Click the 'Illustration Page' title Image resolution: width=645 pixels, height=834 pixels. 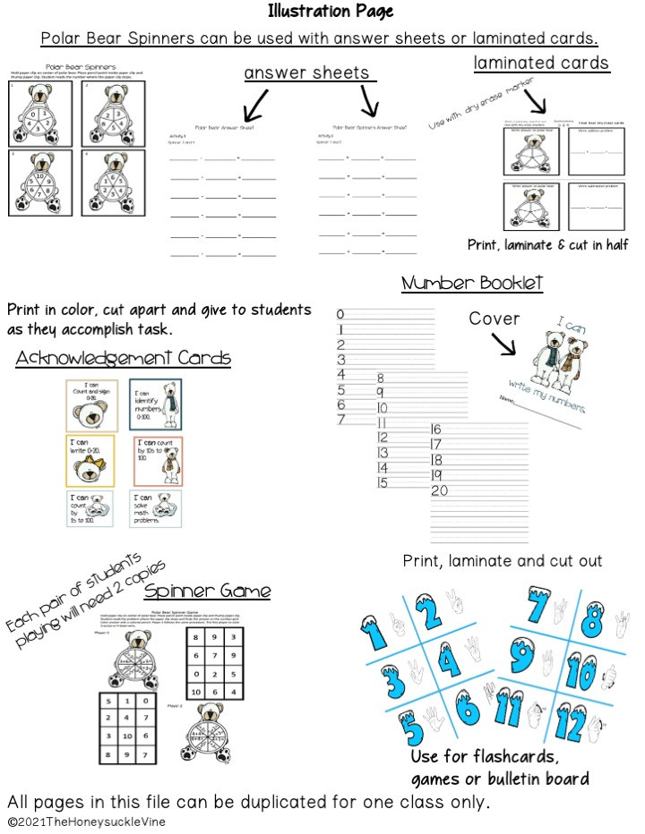pyautogui.click(x=330, y=13)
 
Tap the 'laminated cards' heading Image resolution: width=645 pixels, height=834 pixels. pyautogui.click(x=541, y=63)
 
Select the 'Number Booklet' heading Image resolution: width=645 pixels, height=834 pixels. pyautogui.click(x=472, y=284)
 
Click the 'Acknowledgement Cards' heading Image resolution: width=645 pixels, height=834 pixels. pyautogui.click(x=123, y=359)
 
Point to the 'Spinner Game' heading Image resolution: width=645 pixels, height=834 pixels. pyautogui.click(x=208, y=591)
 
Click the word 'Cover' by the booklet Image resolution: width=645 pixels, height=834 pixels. pyautogui.click(x=494, y=319)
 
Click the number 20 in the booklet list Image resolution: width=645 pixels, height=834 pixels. pyautogui.click(x=439, y=490)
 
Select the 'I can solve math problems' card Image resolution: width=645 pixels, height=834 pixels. pyautogui.click(x=155, y=509)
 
